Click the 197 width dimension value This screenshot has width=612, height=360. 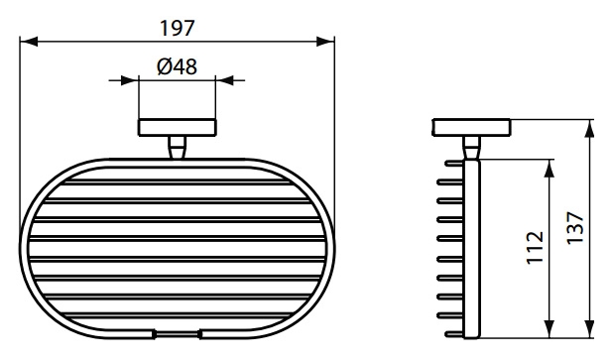tap(177, 28)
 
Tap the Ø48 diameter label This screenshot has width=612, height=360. tap(177, 66)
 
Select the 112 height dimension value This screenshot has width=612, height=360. tap(535, 248)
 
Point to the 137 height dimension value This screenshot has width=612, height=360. tap(575, 228)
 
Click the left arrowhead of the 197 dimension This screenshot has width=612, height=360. tap(29, 42)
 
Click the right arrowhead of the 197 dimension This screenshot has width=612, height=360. tap(325, 42)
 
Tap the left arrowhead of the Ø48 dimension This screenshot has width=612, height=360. tap(130, 80)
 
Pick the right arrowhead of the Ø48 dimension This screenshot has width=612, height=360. tap(224, 80)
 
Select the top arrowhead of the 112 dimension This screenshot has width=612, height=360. tap(550, 169)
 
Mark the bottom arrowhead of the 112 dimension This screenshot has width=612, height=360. tap(550, 329)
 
